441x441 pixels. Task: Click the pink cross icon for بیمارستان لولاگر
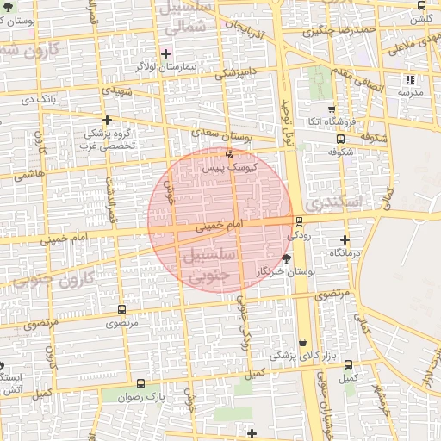[165, 53]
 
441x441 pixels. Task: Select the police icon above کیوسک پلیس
[228, 155]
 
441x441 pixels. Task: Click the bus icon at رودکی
[299, 220]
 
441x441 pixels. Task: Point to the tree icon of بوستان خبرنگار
[287, 258]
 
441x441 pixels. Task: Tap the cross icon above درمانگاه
[345, 239]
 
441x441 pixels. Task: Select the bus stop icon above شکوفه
[340, 138]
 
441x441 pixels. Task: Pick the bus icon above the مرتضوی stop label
[121, 309]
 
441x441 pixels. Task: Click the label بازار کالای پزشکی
[295, 355]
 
